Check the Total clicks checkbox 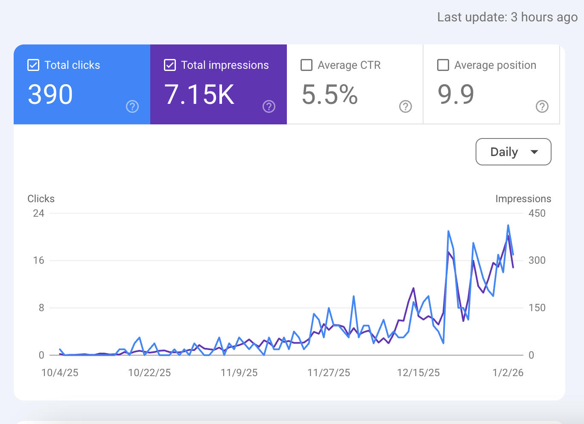click(x=33, y=65)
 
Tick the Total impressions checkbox click(x=170, y=65)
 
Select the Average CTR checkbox click(x=307, y=65)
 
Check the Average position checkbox click(x=443, y=65)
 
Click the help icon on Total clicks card click(x=132, y=106)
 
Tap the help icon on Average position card click(x=542, y=106)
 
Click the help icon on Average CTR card click(x=406, y=106)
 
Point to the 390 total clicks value click(x=50, y=94)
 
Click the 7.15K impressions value click(x=199, y=94)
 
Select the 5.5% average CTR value click(x=330, y=94)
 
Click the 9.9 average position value click(x=456, y=94)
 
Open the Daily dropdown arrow click(x=534, y=152)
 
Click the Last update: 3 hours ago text click(x=507, y=17)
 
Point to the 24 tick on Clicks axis click(x=39, y=213)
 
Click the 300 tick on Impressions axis click(x=537, y=260)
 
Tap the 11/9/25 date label click(x=239, y=373)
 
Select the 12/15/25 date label click(x=418, y=373)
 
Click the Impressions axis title click(x=523, y=199)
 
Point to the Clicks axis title click(x=41, y=199)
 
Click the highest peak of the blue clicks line click(x=508, y=225)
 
